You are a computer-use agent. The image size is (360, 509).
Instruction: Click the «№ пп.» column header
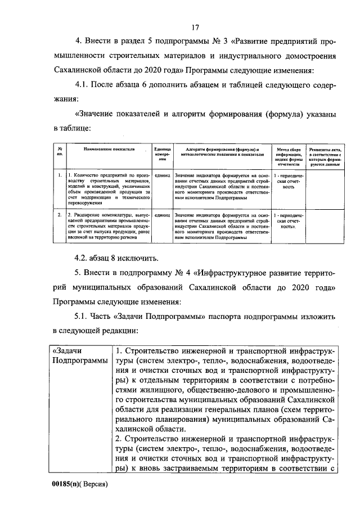pyautogui.click(x=59, y=152)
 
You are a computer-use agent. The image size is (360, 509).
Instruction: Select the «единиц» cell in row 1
pyautogui.click(x=161, y=176)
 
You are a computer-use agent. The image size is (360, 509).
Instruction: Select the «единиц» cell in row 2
pyautogui.click(x=161, y=215)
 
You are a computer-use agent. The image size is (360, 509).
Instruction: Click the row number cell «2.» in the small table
pyautogui.click(x=59, y=215)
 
